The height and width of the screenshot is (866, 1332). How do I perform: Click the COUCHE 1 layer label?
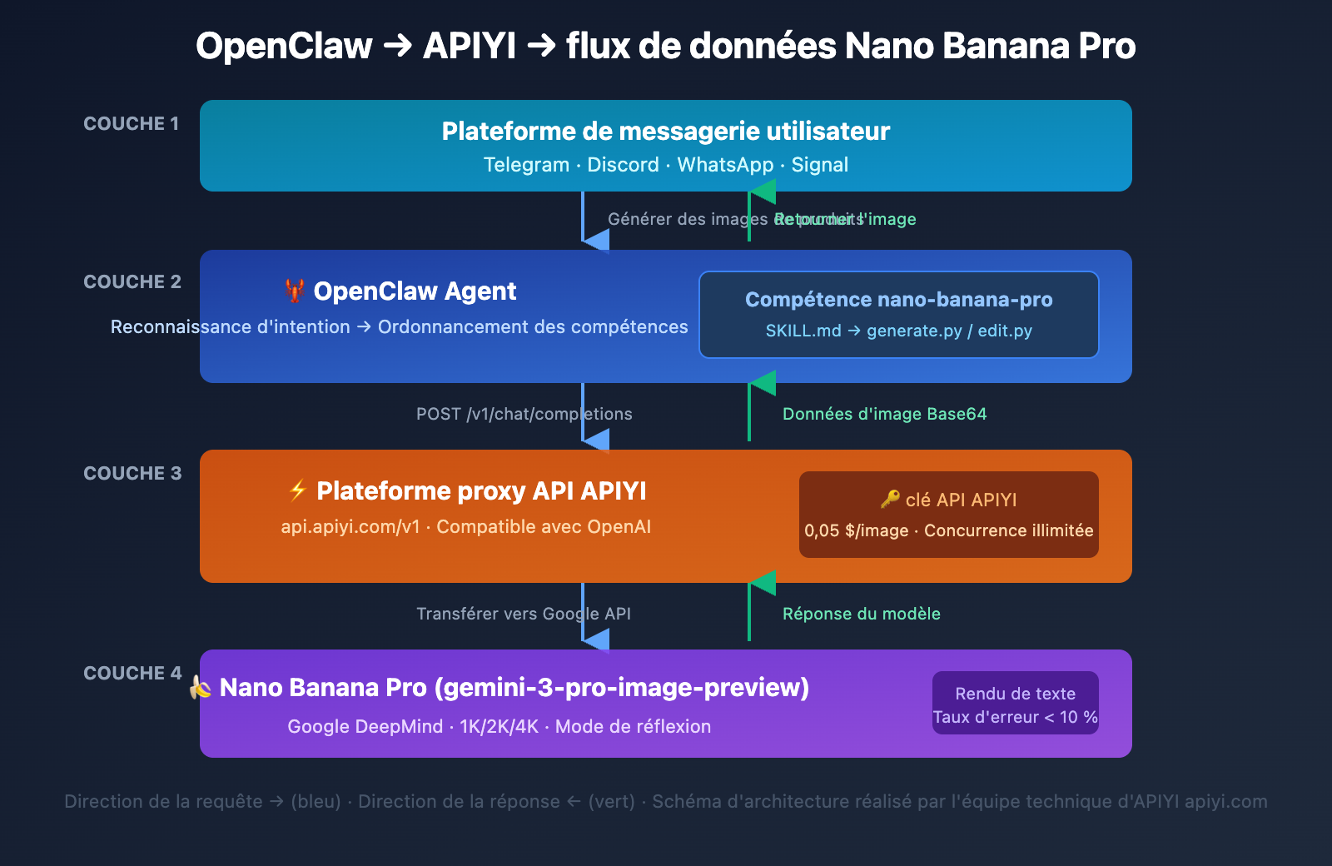(x=131, y=124)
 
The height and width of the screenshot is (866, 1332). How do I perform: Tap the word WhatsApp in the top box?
(x=725, y=165)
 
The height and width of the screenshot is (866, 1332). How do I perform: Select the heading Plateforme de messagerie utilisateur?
(x=665, y=132)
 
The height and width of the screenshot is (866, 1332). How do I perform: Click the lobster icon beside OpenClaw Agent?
(x=294, y=291)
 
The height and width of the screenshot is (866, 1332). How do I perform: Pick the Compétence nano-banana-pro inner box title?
(x=898, y=300)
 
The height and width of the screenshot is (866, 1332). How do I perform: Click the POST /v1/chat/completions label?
(x=524, y=414)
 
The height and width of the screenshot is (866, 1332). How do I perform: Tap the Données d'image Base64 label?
(x=884, y=414)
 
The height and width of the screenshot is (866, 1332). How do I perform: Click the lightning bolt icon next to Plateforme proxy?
(x=297, y=490)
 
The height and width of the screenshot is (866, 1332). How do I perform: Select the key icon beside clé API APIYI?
(x=890, y=500)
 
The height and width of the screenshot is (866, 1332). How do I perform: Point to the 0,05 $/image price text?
(x=856, y=530)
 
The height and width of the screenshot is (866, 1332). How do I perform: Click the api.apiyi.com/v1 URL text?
(x=350, y=527)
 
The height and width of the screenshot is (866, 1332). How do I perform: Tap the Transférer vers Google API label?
(x=523, y=614)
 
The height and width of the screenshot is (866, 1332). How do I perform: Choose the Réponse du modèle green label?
(x=861, y=614)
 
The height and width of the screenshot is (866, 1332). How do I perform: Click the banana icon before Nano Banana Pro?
(x=200, y=688)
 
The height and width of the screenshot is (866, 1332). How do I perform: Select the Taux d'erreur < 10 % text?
(x=1015, y=717)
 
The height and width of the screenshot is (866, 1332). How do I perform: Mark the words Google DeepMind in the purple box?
(x=365, y=726)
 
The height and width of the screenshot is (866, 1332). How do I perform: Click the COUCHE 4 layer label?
(x=132, y=674)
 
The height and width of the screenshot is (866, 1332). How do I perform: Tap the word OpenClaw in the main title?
(x=284, y=46)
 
